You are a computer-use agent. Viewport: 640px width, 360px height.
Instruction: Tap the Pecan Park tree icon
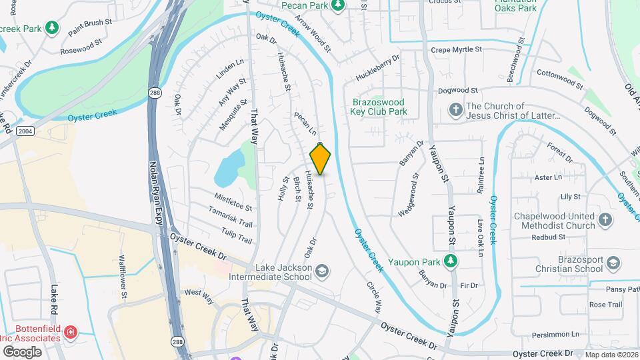coord(338,5)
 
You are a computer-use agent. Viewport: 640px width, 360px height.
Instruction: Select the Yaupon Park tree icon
coord(451,260)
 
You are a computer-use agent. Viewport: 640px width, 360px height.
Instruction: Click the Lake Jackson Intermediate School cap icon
coord(322,271)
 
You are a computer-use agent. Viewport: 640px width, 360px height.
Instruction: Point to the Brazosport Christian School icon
coord(612,265)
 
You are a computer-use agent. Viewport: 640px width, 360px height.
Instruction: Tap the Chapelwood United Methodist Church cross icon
coord(605,220)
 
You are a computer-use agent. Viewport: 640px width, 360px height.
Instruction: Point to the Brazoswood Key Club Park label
coord(379,107)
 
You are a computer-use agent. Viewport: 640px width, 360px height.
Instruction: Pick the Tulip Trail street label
coord(237,235)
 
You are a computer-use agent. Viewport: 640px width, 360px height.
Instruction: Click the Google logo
coord(22,351)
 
